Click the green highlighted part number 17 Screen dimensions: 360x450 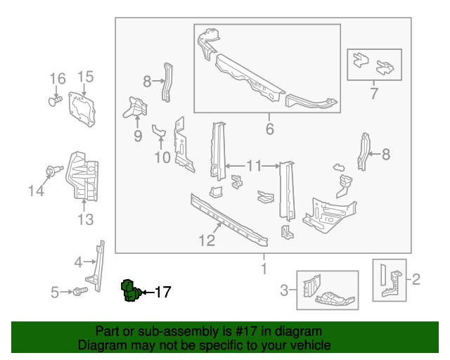coord(129,290)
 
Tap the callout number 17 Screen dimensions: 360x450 coord(162,292)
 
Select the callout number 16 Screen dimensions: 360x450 coord(57,77)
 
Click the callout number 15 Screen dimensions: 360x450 coord(85,77)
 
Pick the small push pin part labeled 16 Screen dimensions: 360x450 coord(53,103)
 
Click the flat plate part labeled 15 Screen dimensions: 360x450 coord(81,110)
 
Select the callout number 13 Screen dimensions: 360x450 coord(85,220)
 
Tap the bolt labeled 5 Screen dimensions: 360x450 coord(79,290)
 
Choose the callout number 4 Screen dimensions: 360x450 coord(78,263)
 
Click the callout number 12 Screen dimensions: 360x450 coord(206,241)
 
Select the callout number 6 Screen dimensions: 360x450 coord(269,129)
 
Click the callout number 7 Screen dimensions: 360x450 coord(374,93)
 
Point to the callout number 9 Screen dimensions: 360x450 coord(138,135)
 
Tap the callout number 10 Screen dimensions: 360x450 coord(162,157)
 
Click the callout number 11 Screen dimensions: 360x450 coord(254,166)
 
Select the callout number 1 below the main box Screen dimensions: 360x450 coord(264,269)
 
